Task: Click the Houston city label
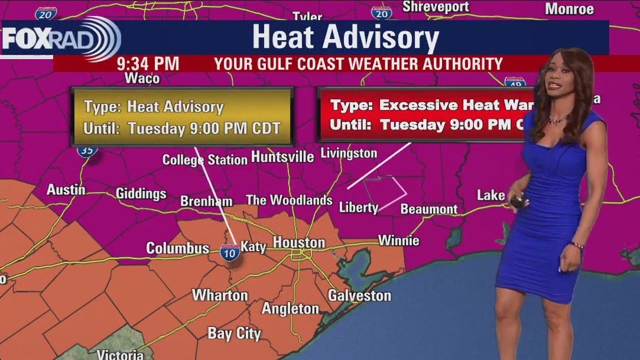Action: tap(298, 243)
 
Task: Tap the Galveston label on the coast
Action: tap(359, 295)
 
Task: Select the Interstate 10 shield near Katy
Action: tap(230, 253)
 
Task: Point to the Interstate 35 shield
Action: tap(87, 150)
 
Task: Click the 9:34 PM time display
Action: tap(148, 64)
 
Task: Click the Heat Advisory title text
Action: tap(345, 37)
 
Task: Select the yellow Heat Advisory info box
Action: tap(182, 117)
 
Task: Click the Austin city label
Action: tap(66, 190)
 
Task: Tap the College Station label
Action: tap(205, 160)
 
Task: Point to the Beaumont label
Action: tap(429, 209)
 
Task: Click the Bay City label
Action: tap(234, 333)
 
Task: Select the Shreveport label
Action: tap(436, 7)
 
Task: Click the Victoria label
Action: tap(120, 355)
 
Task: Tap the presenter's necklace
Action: tap(557, 120)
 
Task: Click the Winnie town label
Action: tap(399, 240)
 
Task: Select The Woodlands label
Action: tap(289, 200)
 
